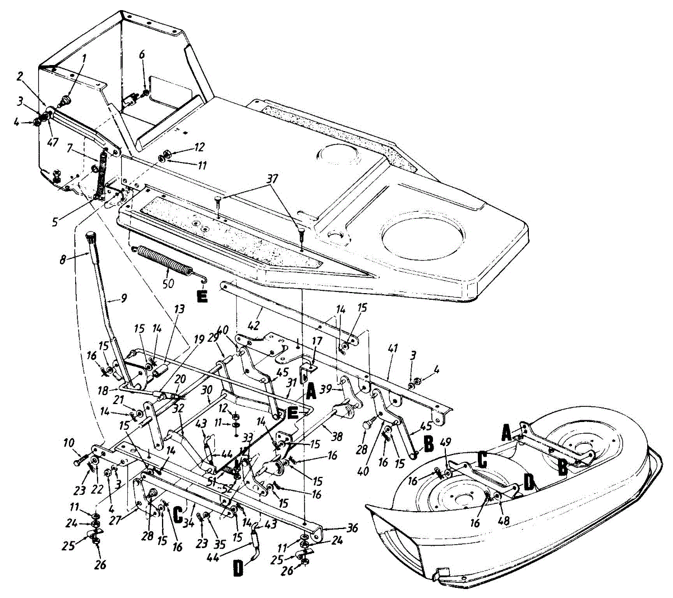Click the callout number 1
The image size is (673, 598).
coord(84,57)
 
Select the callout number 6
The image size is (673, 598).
coord(142,54)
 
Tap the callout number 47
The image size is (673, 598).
coord(52,142)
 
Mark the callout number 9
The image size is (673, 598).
coord(123,299)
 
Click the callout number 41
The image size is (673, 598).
coord(393,349)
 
